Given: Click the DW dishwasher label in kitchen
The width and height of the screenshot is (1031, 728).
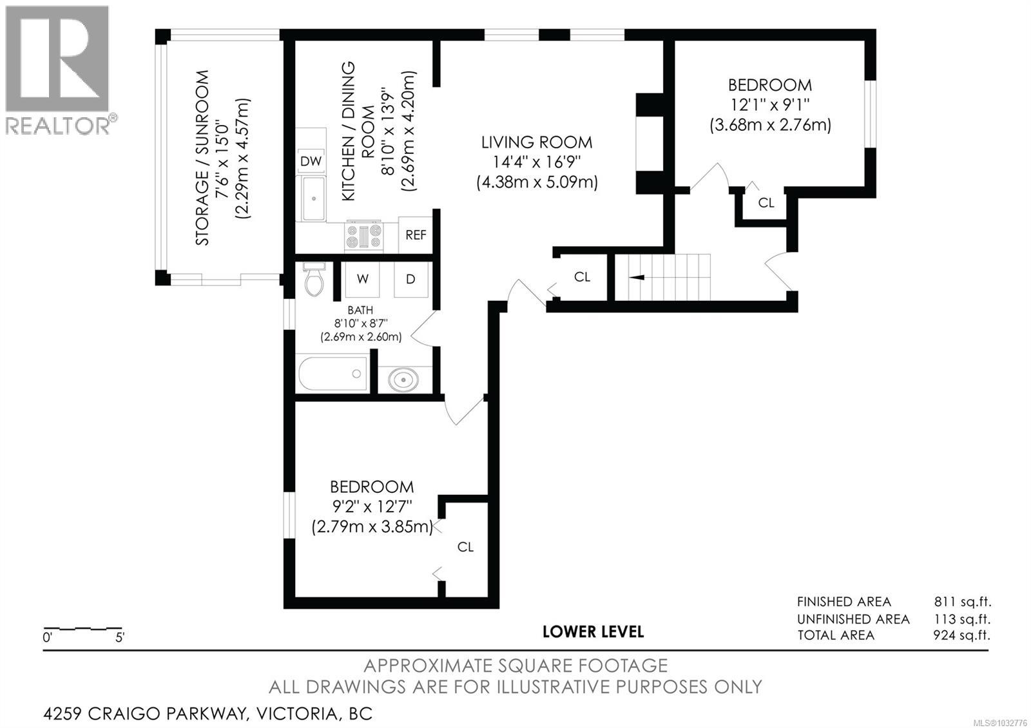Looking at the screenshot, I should pyautogui.click(x=311, y=161).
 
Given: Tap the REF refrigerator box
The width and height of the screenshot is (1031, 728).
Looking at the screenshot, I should pyautogui.click(x=416, y=235).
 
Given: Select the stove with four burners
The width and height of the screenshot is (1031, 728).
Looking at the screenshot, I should pyautogui.click(x=364, y=235).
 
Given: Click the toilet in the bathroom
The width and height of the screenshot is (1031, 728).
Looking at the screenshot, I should pyautogui.click(x=314, y=279).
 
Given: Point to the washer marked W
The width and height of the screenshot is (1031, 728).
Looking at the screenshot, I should pyautogui.click(x=363, y=279).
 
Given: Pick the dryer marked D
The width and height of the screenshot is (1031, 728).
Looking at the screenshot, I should pyautogui.click(x=410, y=279).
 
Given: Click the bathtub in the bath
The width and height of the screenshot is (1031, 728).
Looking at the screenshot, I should pyautogui.click(x=332, y=374).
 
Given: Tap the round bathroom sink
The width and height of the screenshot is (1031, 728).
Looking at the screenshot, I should pyautogui.click(x=403, y=380).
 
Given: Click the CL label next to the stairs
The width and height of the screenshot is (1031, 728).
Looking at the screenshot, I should pyautogui.click(x=582, y=277).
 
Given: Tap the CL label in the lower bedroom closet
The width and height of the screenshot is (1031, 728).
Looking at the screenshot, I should pyautogui.click(x=465, y=547).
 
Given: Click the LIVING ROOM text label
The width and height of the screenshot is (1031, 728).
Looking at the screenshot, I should pyautogui.click(x=536, y=142).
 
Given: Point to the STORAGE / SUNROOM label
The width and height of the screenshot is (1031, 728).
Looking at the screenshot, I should pyautogui.click(x=202, y=158).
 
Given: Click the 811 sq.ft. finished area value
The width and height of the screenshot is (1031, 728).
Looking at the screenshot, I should pyautogui.click(x=962, y=602).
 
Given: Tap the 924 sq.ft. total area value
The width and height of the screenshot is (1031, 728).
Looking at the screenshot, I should pyautogui.click(x=962, y=635).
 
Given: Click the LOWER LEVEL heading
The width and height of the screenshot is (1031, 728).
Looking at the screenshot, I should pyautogui.click(x=593, y=632).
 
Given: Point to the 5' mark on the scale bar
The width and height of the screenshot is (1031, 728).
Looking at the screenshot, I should pyautogui.click(x=120, y=638).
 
